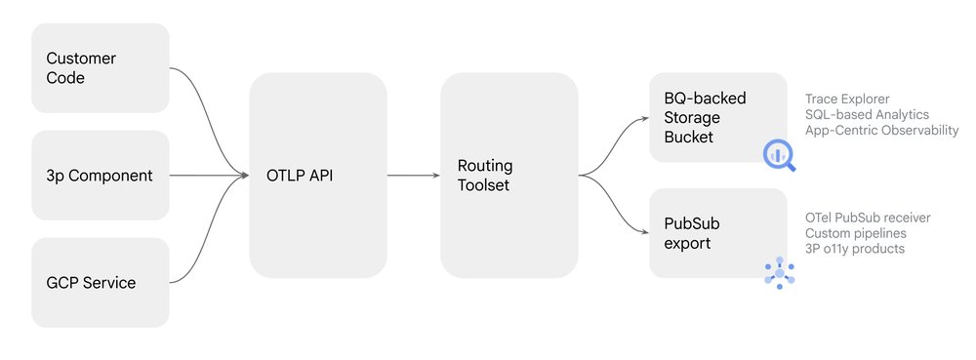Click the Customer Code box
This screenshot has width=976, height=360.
click(x=101, y=68)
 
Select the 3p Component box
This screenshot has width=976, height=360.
click(x=101, y=176)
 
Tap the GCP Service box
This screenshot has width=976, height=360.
click(x=101, y=283)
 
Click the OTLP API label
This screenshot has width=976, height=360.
click(x=301, y=177)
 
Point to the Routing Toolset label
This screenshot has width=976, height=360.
click(x=485, y=175)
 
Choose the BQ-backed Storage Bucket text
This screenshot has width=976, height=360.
click(x=704, y=117)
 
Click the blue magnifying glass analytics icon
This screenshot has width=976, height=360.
click(x=779, y=153)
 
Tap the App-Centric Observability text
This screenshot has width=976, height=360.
click(x=881, y=131)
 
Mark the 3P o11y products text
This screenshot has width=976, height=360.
click(x=855, y=249)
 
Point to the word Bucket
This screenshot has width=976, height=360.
click(x=689, y=137)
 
